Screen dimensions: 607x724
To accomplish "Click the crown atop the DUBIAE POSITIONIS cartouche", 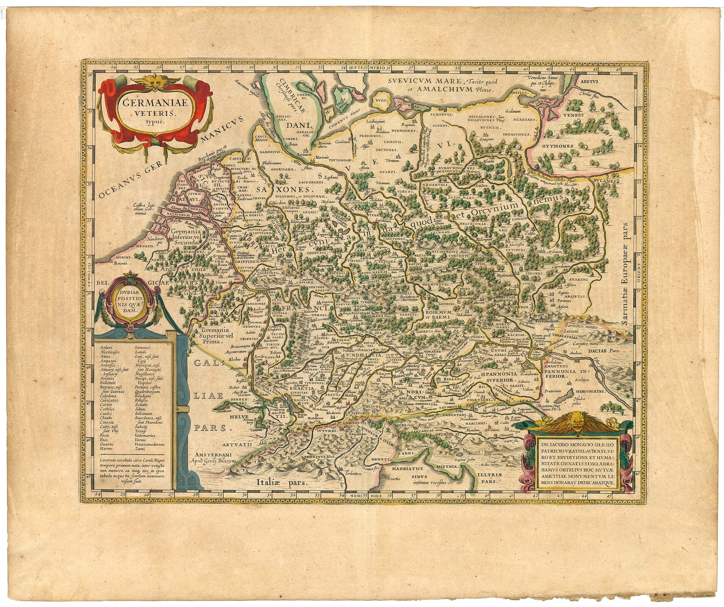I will coord(129,274).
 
